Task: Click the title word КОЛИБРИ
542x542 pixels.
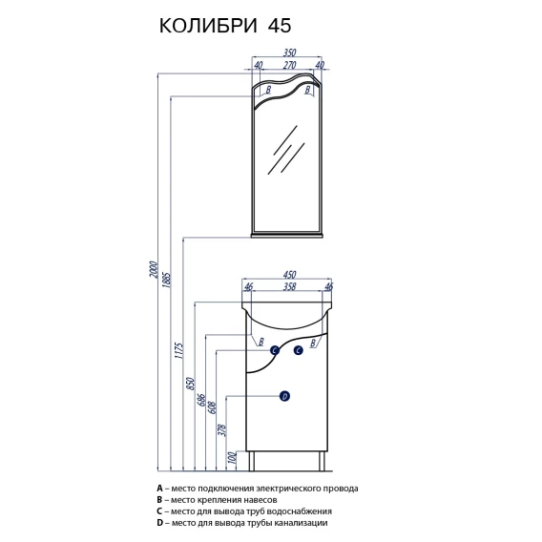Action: point(208,26)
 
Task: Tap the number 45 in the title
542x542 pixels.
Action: point(280,26)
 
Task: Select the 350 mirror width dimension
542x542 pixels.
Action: point(289,52)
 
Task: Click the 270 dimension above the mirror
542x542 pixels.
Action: point(290,65)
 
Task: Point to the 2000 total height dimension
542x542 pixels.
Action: point(153,270)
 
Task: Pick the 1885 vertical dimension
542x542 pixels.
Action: point(167,280)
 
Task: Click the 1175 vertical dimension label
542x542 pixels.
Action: point(178,350)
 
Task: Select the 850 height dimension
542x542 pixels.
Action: point(191,384)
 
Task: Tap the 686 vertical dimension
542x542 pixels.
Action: point(202,400)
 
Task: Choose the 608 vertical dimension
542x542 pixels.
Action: point(212,407)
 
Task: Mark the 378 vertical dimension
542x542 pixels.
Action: point(222,430)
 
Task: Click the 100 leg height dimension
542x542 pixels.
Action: point(233,458)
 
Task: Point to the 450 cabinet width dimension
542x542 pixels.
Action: point(289,275)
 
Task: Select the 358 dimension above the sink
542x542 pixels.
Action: point(289,286)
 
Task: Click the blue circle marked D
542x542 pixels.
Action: point(284,396)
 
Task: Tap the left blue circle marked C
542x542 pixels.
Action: point(275,350)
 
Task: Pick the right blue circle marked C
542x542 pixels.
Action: point(299,350)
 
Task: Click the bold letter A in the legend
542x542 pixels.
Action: point(159,488)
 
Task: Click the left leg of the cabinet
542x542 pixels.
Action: point(251,461)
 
